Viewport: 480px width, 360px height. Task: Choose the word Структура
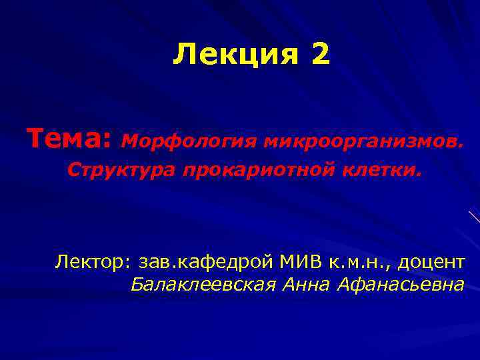[122, 171]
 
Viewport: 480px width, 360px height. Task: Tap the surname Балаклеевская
[203, 285]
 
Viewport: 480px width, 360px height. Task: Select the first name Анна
[308, 285]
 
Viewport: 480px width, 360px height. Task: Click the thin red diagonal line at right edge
[474, 216]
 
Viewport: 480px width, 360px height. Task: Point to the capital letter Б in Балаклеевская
[137, 285]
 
